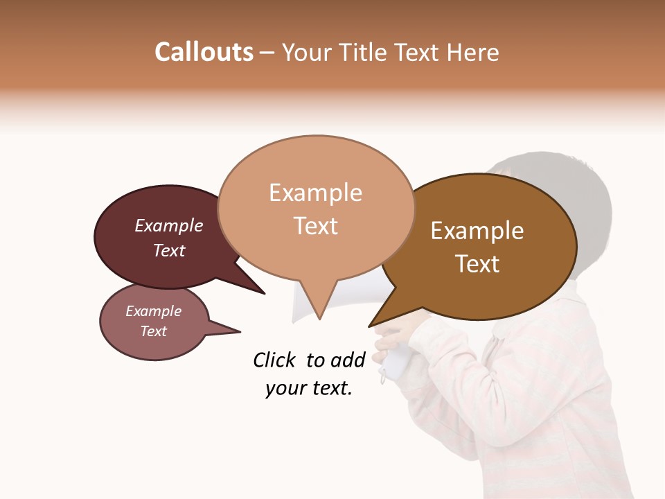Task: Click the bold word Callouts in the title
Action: tap(204, 52)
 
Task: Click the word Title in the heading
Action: tap(363, 52)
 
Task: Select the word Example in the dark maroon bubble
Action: tap(169, 225)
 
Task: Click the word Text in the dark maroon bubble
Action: tap(169, 250)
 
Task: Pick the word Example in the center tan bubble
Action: tap(315, 193)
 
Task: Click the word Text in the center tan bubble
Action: tap(315, 226)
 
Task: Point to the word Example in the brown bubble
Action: tap(477, 231)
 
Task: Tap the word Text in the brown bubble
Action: tap(477, 263)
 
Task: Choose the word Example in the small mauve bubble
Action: tap(154, 311)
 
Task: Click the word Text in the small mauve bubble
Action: tap(154, 331)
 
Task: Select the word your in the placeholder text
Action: tap(283, 389)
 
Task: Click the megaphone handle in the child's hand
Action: tap(395, 360)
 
